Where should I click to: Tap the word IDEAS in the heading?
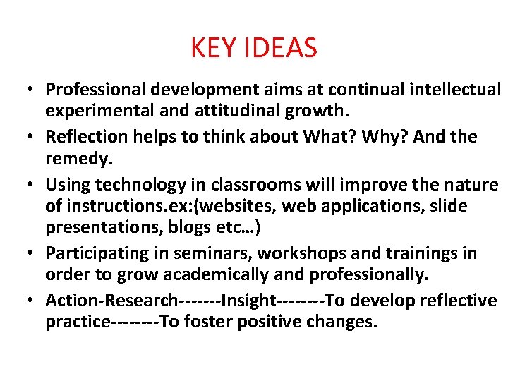279,48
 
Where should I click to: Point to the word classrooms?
252,185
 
